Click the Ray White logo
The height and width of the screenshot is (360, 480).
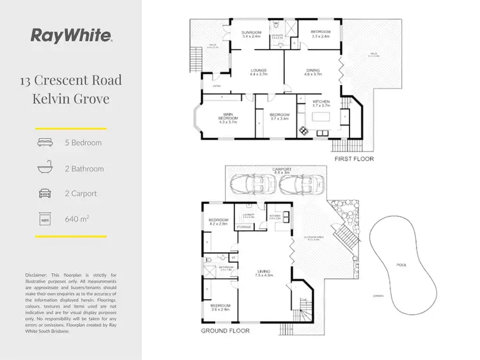pos(71,35)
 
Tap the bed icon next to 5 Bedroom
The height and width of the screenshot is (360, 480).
pos(45,143)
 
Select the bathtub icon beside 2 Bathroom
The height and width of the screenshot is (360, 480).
pos(45,169)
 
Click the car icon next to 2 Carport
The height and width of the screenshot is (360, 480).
pos(45,194)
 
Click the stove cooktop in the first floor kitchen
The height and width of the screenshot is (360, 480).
pos(303,131)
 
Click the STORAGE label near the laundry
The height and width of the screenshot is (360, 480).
pos(243,226)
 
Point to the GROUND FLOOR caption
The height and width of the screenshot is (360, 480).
pos(221,331)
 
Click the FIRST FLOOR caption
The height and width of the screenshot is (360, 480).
pos(354,159)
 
